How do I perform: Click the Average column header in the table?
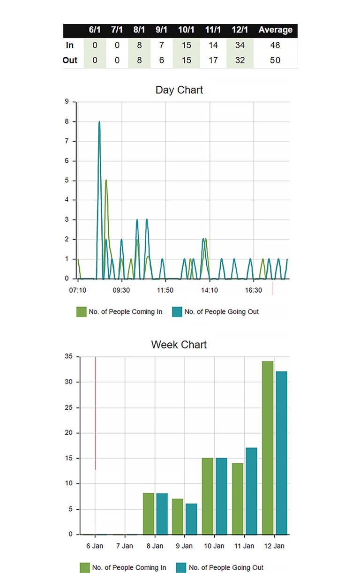[x=275, y=30]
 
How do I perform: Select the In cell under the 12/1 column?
[x=240, y=45]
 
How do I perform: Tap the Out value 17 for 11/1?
[x=213, y=60]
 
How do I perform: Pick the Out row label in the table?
[x=70, y=60]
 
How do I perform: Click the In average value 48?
[x=275, y=45]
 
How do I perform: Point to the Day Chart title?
[x=179, y=90]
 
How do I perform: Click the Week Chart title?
[x=179, y=345]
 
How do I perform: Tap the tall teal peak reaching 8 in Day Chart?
[x=99, y=123]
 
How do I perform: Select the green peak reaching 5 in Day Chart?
[x=106, y=181]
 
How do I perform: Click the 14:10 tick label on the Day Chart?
[x=210, y=290]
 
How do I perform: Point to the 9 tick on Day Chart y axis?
[x=67, y=102]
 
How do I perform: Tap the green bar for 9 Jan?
[x=178, y=516]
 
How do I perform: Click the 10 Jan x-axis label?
[x=214, y=546]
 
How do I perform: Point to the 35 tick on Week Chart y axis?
[x=68, y=357]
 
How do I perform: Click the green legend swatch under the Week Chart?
[x=85, y=567]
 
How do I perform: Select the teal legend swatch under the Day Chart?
[x=177, y=312]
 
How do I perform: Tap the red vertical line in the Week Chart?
[x=95, y=413]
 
